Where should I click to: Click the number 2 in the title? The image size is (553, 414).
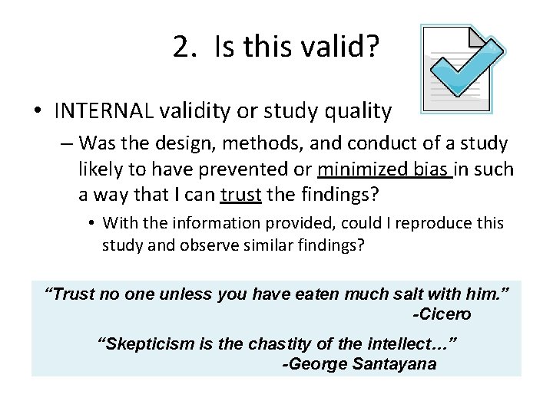[x=181, y=48]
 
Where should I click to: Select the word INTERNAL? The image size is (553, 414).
[x=104, y=112]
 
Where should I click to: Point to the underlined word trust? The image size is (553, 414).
[x=241, y=195]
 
